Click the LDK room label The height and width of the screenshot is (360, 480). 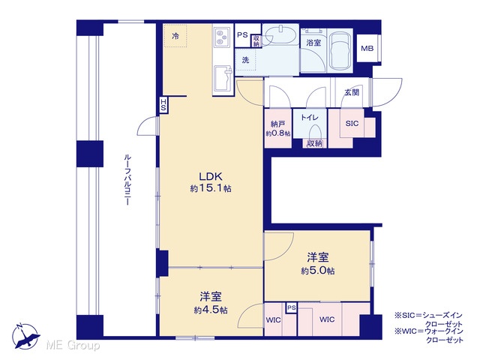click(x=210, y=177)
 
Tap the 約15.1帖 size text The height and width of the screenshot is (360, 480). click(x=211, y=188)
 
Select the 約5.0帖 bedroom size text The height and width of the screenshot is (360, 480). click(x=318, y=271)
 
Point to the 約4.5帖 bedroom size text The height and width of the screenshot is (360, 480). click(x=211, y=310)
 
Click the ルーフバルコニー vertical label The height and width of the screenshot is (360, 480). click(x=127, y=180)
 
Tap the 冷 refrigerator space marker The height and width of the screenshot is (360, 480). click(x=175, y=36)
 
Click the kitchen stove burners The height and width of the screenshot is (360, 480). click(x=222, y=37)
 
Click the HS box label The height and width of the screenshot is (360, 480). click(x=163, y=105)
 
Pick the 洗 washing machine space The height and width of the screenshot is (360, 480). click(x=245, y=60)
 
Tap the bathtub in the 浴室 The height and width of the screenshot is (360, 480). click(x=340, y=51)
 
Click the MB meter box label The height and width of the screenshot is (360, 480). click(x=367, y=48)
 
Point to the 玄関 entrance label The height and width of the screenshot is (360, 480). click(x=352, y=92)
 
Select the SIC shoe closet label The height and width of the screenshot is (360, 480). click(x=352, y=123)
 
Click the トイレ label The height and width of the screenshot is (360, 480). click(x=310, y=117)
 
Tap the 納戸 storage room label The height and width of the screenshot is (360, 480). click(x=278, y=124)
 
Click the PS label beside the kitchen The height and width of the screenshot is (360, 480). click(x=242, y=35)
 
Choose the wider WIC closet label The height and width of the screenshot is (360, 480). click(x=327, y=319)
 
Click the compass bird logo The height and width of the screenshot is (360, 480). click(x=26, y=336)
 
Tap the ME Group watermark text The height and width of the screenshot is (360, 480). click(x=73, y=346)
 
